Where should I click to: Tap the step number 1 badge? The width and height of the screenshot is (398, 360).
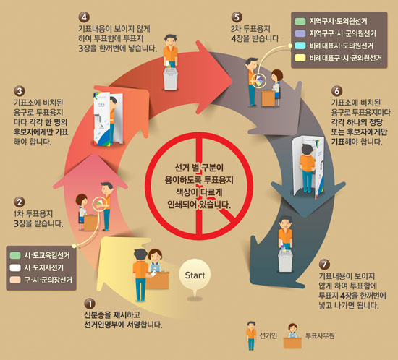pyautogui.click(x=89, y=304)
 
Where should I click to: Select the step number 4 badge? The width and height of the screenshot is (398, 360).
pyautogui.click(x=84, y=17)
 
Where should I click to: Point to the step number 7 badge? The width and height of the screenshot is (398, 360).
pyautogui.click(x=324, y=265)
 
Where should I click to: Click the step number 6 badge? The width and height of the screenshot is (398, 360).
pyautogui.click(x=336, y=91)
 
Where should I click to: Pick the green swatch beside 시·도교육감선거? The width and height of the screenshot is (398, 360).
pyautogui.click(x=15, y=255)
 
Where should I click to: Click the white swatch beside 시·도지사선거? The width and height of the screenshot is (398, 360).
pyautogui.click(x=15, y=267)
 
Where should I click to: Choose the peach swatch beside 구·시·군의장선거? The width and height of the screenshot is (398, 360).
pyautogui.click(x=15, y=280)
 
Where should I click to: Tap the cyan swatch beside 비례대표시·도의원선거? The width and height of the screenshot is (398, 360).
pyautogui.click(x=300, y=46)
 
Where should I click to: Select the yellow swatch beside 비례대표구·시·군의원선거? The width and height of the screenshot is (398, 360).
pyautogui.click(x=300, y=58)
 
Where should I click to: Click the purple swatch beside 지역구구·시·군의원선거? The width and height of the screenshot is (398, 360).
pyautogui.click(x=300, y=33)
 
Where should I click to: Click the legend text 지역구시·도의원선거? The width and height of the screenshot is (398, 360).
pyautogui.click(x=338, y=21)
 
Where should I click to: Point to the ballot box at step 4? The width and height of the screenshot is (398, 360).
pyautogui.click(x=170, y=78)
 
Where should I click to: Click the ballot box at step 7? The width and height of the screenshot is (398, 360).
pyautogui.click(x=285, y=261)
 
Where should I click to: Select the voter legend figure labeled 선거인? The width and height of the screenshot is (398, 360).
pyautogui.click(x=251, y=335)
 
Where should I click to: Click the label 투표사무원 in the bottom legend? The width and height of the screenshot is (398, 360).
pyautogui.click(x=320, y=336)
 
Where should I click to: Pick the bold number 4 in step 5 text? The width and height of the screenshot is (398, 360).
pyautogui.click(x=234, y=39)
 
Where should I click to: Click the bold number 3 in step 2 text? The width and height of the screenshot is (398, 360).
pyautogui.click(x=16, y=223)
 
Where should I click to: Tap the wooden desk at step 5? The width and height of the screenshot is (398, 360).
pyautogui.click(x=268, y=98)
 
